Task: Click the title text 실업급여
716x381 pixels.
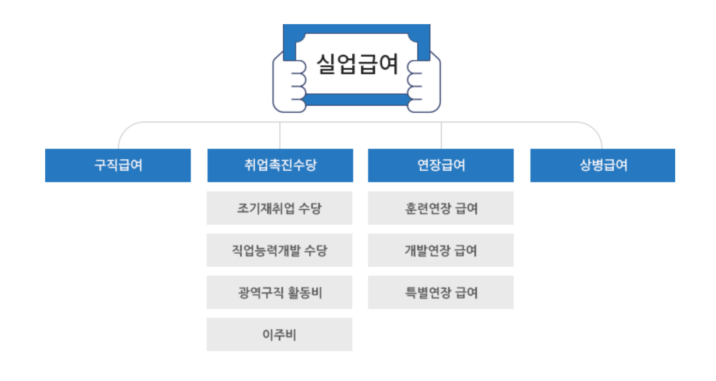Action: [357, 64]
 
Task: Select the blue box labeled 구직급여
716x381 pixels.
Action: [118, 165]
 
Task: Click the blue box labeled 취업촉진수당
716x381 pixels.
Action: [280, 165]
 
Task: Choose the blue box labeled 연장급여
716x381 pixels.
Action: [441, 165]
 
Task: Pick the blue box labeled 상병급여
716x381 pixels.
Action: [603, 165]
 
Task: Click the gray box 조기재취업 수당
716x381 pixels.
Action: [279, 208]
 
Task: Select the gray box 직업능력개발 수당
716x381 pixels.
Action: [279, 250]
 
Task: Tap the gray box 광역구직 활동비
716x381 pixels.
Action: [279, 292]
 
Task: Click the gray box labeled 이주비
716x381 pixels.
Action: [279, 334]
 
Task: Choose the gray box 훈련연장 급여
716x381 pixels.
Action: [441, 208]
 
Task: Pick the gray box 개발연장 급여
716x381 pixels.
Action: [441, 250]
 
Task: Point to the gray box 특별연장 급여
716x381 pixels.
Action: [441, 292]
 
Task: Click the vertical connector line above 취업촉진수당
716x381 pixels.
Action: [280, 135]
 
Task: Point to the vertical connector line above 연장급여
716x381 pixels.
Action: [441, 135]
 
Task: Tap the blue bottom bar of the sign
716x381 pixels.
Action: [356, 100]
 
